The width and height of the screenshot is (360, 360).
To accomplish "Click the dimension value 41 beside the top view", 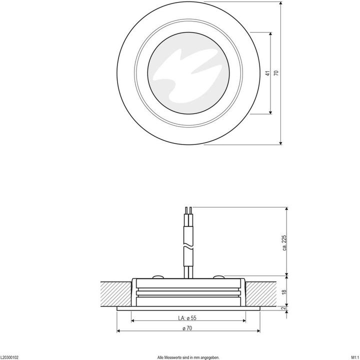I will coord(268,73).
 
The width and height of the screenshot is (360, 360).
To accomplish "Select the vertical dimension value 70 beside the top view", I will coord(275,73).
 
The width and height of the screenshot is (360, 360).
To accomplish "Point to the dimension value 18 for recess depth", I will coord(284,291).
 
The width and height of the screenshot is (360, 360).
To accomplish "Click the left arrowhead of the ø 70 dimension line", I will coord(119,331).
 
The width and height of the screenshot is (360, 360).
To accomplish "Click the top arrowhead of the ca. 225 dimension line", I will coord(286,209).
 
